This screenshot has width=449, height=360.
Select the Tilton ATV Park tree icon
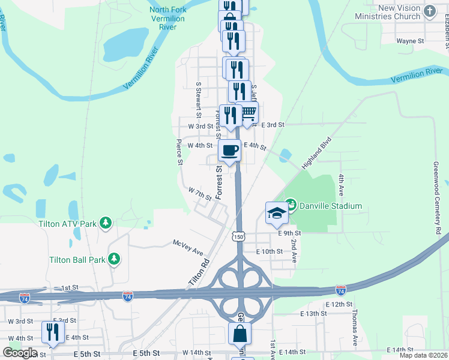pyautogui.click(x=106, y=224)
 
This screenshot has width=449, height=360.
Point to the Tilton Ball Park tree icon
pyautogui.click(x=114, y=260)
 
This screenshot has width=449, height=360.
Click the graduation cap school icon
pyautogui.click(x=277, y=212)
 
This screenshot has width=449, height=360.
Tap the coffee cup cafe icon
pyautogui.click(x=230, y=151)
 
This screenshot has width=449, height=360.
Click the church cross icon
pyautogui.click(x=429, y=11)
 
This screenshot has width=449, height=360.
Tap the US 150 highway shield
pyautogui.click(x=239, y=236)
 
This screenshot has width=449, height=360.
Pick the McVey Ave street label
pyautogui.click(x=188, y=246)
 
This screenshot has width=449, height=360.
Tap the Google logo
pyautogui.click(x=20, y=352)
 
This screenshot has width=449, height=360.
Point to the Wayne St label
pyautogui.click(x=411, y=41)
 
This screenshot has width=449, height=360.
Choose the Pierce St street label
pyautogui.click(x=179, y=152)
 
